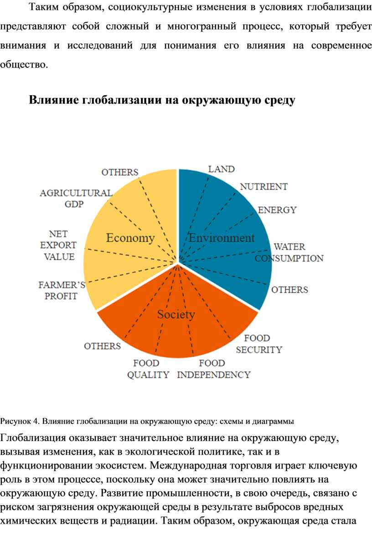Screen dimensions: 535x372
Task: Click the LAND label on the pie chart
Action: (x=222, y=169)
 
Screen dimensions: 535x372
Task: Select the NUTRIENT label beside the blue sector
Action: (x=263, y=186)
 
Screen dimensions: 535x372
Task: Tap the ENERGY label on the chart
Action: (x=277, y=210)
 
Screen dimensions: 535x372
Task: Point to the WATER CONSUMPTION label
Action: (x=289, y=252)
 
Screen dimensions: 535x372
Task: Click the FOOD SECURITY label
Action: (x=259, y=344)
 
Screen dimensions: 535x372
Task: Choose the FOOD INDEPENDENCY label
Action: (x=213, y=369)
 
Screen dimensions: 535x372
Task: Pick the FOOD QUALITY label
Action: (x=148, y=369)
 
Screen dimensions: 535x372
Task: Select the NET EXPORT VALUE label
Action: (x=58, y=245)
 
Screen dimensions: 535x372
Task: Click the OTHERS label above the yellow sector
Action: (x=119, y=172)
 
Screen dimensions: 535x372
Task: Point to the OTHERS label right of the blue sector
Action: (x=289, y=290)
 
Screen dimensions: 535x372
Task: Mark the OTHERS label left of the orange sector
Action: (x=102, y=346)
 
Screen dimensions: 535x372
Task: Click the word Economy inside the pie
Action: (x=130, y=238)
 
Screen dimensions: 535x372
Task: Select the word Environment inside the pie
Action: (x=222, y=238)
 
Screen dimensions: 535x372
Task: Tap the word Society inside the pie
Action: (x=176, y=314)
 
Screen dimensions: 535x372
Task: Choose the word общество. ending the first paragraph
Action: (x=24, y=65)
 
